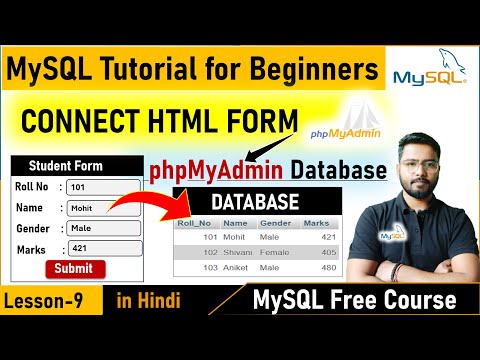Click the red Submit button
tap(74, 268)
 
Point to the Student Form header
tap(65, 166)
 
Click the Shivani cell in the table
tap(238, 251)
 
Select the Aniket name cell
tap(237, 267)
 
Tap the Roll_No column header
tap(194, 223)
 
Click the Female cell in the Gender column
tap(275, 251)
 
